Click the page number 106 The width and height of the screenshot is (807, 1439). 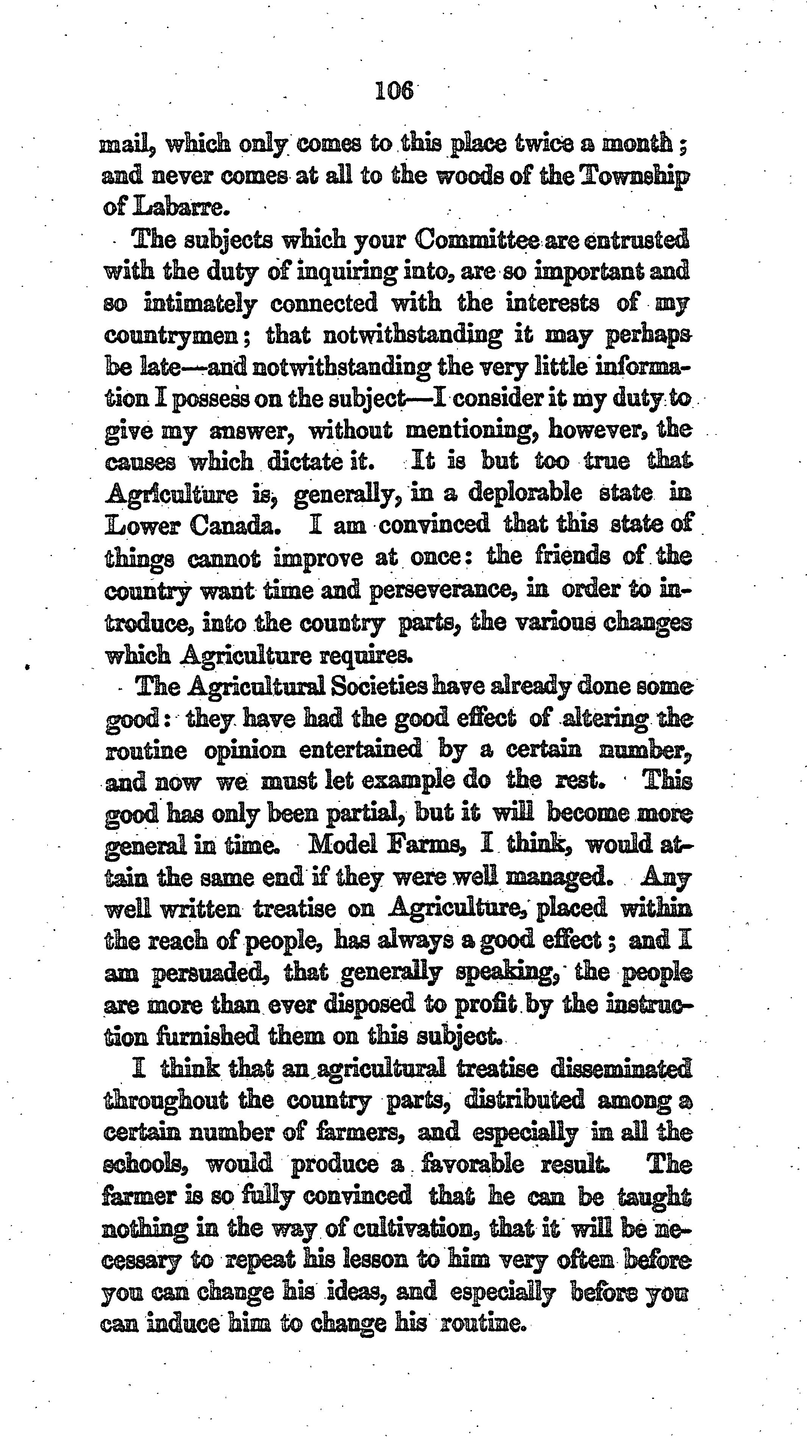(394, 91)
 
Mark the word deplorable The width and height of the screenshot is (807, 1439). (525, 493)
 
